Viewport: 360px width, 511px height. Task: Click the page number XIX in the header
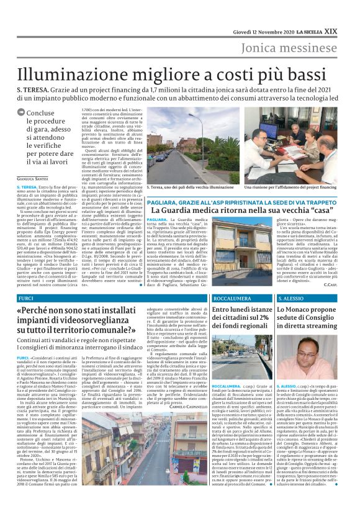pos(349,12)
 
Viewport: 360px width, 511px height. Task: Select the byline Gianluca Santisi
pos(34,179)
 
